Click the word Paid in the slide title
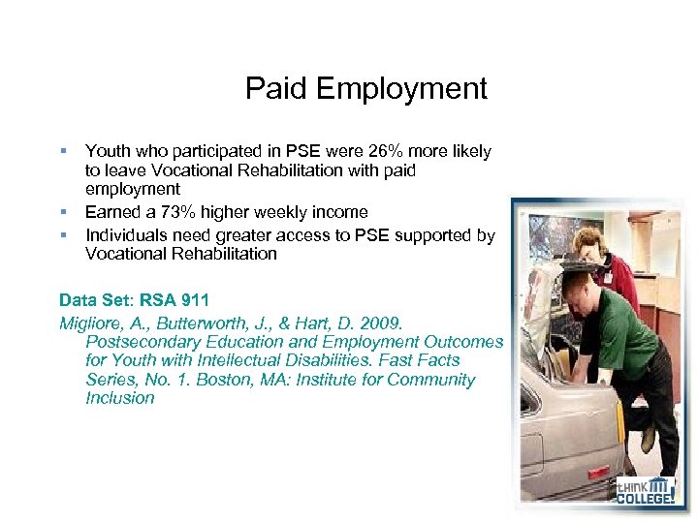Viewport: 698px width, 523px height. point(273,89)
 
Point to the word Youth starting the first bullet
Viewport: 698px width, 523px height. point(106,151)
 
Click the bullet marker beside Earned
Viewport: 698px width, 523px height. point(63,211)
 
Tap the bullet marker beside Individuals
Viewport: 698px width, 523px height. point(63,234)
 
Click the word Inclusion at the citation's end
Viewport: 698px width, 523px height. point(119,397)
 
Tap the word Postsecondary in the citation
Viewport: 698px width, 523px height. point(141,341)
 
